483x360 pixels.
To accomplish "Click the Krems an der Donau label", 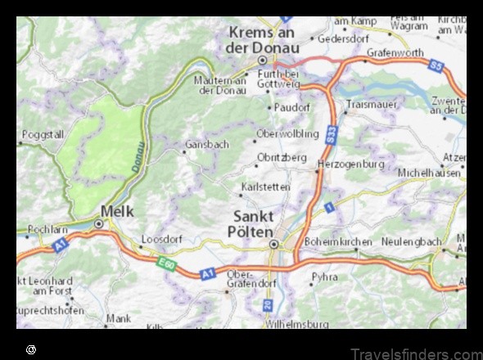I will pos(261,38).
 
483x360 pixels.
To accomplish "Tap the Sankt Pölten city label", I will pos(264,224).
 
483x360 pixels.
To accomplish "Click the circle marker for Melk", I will pos(99,222).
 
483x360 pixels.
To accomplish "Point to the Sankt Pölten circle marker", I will pos(274,244).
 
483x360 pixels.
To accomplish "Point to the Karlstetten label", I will pos(265,187).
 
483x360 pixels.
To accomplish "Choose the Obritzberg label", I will pos(282,157).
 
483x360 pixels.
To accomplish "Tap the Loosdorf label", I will pos(160,241).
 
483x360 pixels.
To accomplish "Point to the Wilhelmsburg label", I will pos(296,324).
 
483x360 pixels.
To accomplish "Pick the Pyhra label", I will pos(324,277).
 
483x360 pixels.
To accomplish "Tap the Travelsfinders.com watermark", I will pos(416,353).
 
